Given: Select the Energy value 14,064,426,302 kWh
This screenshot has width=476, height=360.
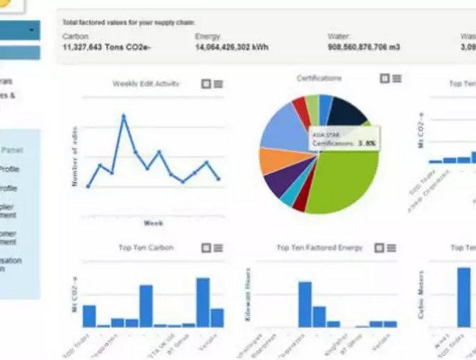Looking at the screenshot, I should [x=239, y=47].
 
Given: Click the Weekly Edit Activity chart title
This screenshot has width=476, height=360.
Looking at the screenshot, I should [x=146, y=84].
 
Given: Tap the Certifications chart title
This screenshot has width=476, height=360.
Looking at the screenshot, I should [x=318, y=78].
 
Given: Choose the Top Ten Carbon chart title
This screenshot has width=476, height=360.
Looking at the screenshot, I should [x=146, y=248].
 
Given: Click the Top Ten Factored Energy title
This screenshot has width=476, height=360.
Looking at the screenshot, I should [x=319, y=248].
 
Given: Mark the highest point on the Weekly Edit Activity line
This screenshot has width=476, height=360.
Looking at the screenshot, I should [x=123, y=114].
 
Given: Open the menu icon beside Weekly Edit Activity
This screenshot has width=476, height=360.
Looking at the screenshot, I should [x=218, y=84].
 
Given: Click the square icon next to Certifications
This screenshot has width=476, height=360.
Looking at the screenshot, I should [x=384, y=78].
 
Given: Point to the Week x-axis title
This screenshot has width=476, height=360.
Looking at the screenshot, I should [x=153, y=223].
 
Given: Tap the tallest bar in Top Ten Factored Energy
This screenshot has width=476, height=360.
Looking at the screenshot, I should [x=305, y=304].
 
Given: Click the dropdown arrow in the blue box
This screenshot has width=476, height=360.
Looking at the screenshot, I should [x=32, y=30].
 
